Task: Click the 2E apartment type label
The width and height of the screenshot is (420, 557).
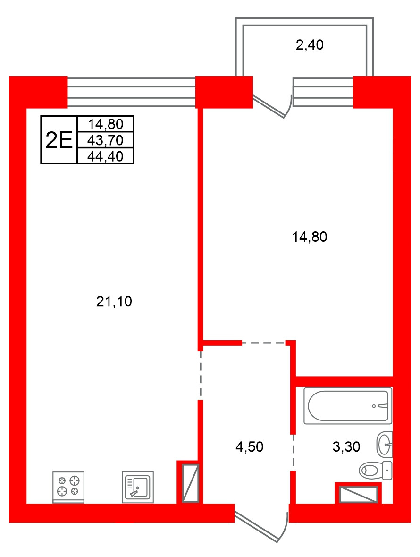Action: [59, 140]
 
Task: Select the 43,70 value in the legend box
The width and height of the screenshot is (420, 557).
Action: [105, 140]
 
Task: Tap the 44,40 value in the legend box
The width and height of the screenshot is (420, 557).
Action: [105, 156]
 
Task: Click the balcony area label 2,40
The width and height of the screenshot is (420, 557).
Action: [310, 45]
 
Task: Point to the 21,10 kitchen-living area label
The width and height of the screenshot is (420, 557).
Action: [114, 301]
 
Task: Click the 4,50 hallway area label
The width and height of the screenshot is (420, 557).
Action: [249, 447]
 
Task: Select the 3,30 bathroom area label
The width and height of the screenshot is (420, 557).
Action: [346, 447]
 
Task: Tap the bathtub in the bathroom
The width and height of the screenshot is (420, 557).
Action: [348, 406]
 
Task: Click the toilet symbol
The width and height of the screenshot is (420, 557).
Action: [375, 471]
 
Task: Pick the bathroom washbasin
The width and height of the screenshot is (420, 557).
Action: [385, 445]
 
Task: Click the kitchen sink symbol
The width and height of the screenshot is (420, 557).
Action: [138, 487]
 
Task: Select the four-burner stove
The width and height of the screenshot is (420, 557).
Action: [68, 487]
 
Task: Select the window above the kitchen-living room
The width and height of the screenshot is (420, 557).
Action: [132, 92]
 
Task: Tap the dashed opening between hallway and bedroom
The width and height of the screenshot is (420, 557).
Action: [264, 343]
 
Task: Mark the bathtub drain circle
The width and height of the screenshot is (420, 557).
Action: [374, 406]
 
